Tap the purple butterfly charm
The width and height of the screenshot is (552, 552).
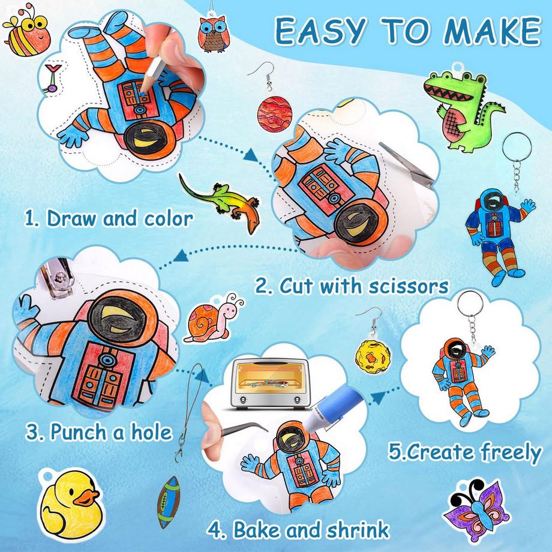476,509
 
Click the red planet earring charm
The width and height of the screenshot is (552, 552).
275,115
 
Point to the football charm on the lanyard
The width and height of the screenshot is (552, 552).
168,502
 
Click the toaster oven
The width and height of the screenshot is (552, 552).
269,384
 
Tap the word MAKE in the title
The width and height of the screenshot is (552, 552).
492,31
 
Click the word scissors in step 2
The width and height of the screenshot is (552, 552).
408,286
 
